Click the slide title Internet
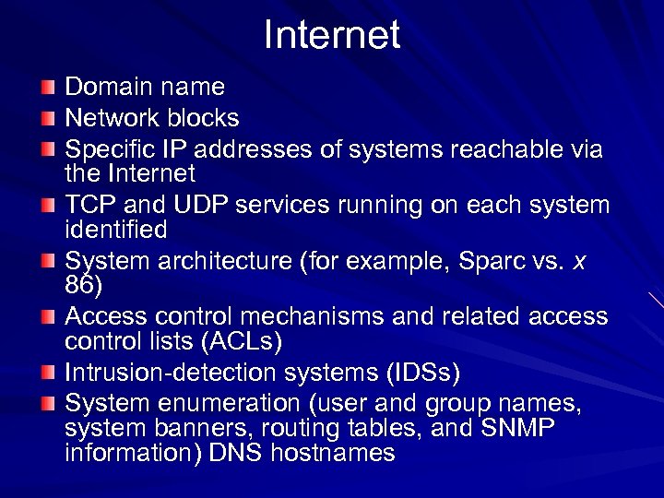point(332,36)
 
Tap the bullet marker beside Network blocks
point(48,119)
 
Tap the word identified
point(115,229)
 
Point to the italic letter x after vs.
point(579,262)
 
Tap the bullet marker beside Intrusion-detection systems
point(48,373)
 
